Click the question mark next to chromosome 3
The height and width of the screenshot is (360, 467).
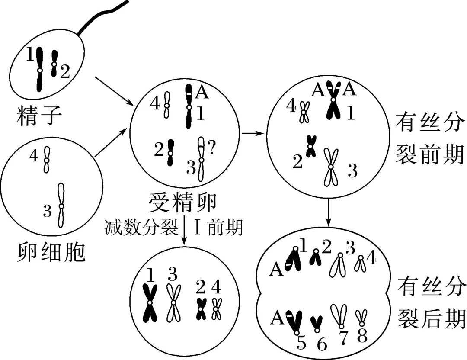[211, 148]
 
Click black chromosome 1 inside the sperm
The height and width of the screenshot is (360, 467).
[39, 69]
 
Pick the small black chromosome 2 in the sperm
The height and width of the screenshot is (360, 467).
[54, 64]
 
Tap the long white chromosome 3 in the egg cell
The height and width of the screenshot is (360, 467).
[61, 205]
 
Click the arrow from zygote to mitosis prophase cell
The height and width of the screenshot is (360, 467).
[253, 133]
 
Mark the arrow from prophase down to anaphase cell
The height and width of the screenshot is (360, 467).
[329, 212]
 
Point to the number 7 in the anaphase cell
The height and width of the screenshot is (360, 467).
[343, 338]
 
